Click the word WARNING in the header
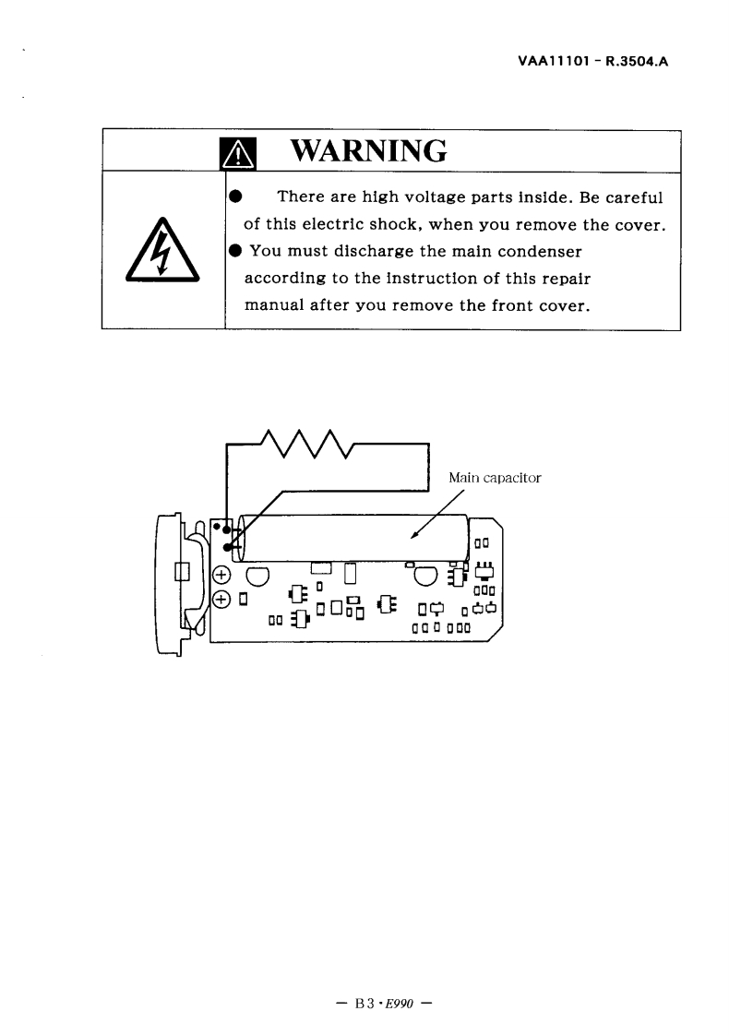368,150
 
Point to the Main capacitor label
495,478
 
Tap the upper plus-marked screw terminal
221,577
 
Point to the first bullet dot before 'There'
234,196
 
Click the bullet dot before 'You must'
234,252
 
